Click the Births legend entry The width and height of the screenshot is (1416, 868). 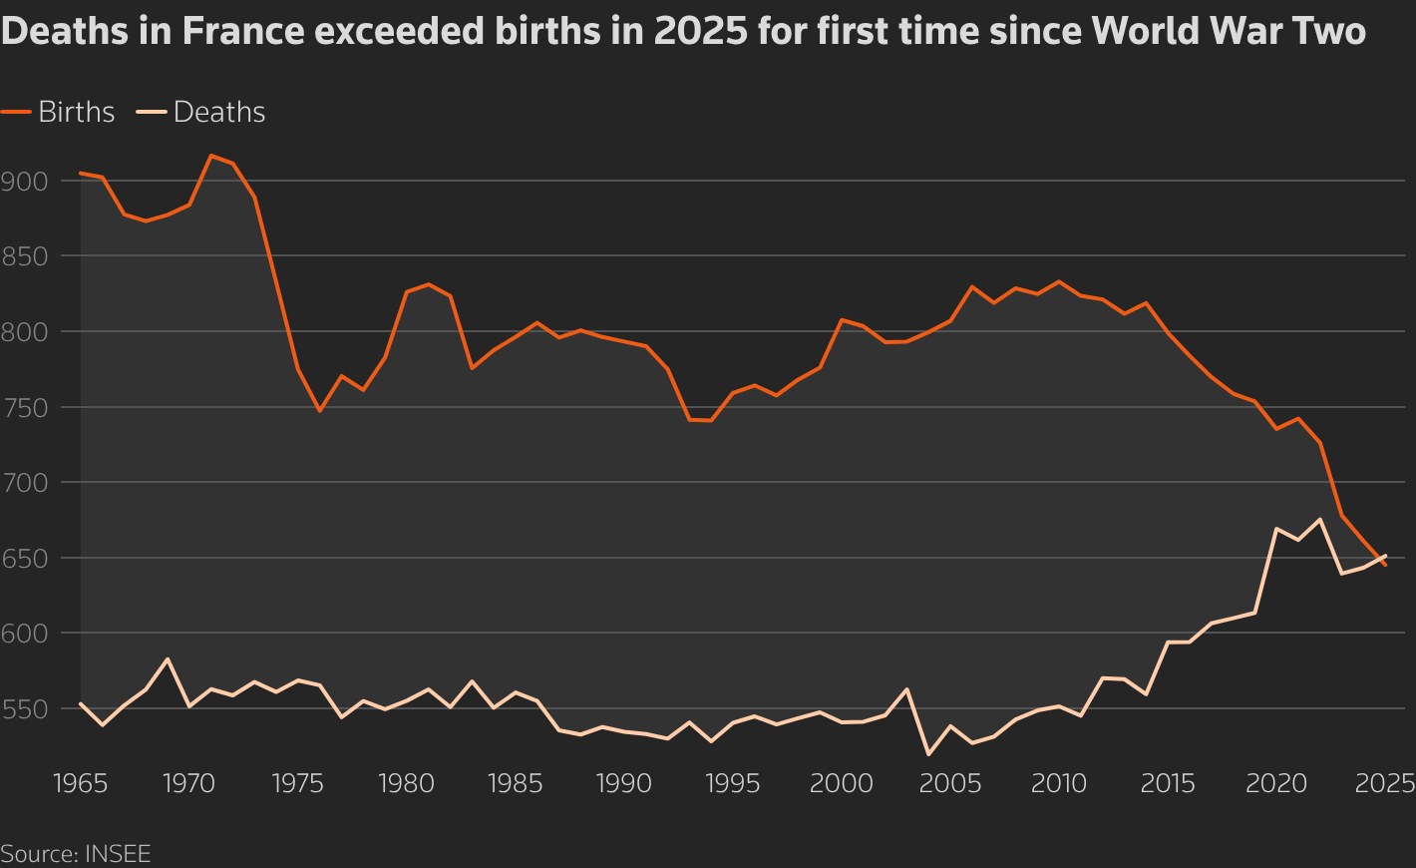pos(76,112)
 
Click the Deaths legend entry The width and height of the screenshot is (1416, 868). pos(218,112)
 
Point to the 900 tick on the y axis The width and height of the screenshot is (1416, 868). pos(25,181)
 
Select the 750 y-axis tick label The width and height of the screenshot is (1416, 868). pos(25,407)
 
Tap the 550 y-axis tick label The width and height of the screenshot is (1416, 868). pos(25,708)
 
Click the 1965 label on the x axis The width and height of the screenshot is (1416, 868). pos(81,783)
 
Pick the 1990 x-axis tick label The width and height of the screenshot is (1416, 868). pos(624,783)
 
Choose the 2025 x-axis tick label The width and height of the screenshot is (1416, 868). pos(1384,783)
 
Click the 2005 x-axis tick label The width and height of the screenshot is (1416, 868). pos(950,783)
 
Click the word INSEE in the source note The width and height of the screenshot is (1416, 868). pos(118,854)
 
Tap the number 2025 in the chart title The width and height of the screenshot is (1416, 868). pos(699,32)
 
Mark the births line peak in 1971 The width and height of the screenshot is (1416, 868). pos(210,156)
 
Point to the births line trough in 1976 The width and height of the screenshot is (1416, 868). pos(319,410)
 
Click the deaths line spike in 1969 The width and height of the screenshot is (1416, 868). pos(168,658)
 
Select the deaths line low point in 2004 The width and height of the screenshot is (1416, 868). pos(928,754)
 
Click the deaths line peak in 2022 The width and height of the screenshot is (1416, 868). pos(1320,519)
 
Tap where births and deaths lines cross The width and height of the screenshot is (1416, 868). pos(1379,560)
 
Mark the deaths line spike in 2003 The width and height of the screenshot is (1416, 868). pos(906,688)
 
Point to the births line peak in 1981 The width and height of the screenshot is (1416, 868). pos(428,284)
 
